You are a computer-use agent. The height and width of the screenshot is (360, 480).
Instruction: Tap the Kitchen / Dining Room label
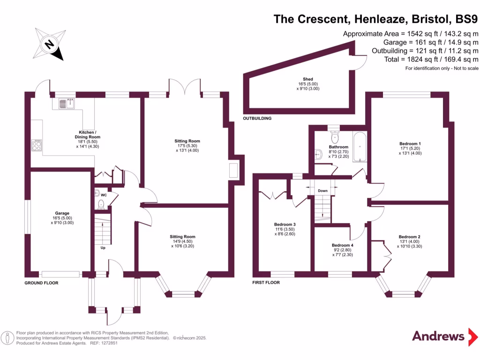[x=89, y=135]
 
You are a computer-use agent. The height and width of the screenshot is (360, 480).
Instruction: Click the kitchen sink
[x=66, y=103]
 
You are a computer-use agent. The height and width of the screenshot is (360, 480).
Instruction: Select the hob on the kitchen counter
[x=37, y=145]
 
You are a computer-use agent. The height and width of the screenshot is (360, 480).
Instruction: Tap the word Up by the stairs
[x=103, y=247]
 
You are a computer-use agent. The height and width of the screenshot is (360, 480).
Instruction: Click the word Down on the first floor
[x=322, y=191]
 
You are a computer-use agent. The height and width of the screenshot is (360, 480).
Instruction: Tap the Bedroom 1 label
[x=410, y=143]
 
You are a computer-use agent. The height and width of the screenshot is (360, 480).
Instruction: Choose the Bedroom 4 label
[x=342, y=245]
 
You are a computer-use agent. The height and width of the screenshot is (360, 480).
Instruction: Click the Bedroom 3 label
[x=285, y=225]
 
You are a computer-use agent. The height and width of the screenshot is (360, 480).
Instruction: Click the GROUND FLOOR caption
[x=42, y=283]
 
